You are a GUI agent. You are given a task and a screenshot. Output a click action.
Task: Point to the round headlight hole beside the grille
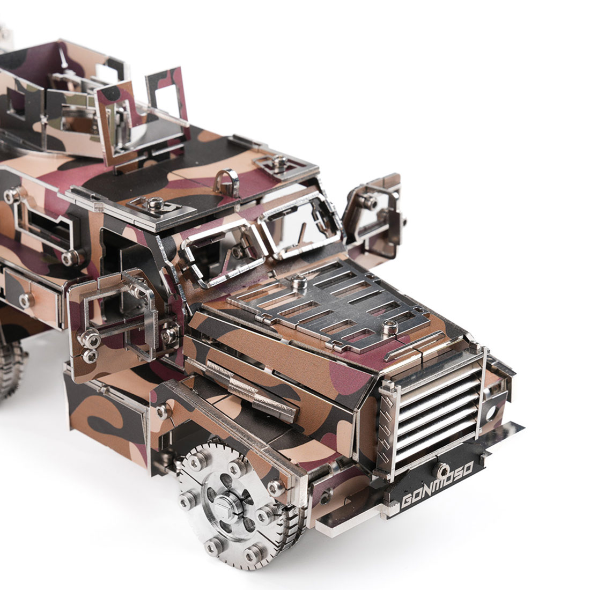click(x=490, y=414)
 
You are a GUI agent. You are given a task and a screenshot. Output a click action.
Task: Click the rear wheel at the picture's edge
click(x=11, y=365)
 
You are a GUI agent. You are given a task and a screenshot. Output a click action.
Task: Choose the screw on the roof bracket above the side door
click(x=156, y=202)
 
